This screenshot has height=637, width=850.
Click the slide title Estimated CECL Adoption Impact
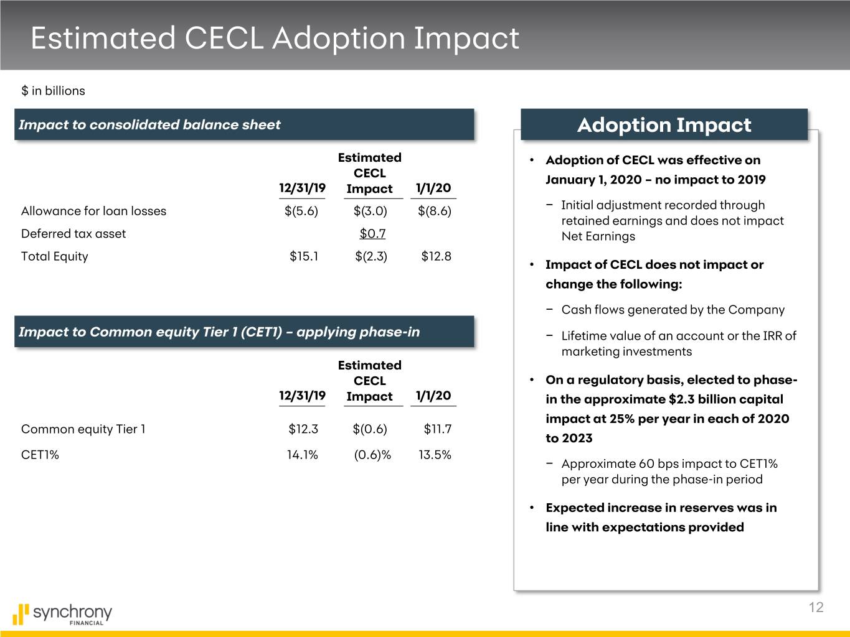pos(275,38)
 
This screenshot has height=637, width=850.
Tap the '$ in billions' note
pos(53,91)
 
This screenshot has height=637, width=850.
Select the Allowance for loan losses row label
pos(93,211)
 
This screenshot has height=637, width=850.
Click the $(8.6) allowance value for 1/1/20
pos(435,211)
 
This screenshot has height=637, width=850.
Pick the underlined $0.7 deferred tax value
pos(372,233)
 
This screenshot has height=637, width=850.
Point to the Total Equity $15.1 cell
pos(304,256)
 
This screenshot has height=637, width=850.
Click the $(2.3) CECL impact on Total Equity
pos(371,256)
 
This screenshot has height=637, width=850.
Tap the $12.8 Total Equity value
pos(436,256)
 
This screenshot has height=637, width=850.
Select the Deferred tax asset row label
pos(73,233)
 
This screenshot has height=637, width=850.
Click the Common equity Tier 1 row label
pos(83,429)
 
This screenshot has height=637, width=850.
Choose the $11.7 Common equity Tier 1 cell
pos(437,429)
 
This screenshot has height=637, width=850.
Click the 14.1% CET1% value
pos(302,455)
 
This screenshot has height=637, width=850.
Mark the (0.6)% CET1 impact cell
pos(372,455)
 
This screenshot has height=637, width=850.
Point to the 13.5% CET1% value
pos(435,455)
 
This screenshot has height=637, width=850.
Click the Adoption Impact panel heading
pos(664,125)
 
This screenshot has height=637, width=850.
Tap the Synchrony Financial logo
pos(62,613)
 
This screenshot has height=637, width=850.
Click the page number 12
pos(816,608)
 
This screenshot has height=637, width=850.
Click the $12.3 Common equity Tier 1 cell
pos(303,429)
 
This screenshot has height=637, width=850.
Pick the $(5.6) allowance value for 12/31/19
pos(301,211)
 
